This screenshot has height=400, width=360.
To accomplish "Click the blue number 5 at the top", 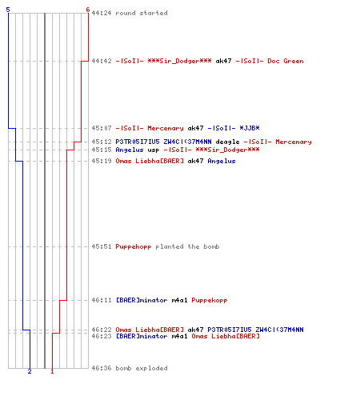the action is pos(8,10).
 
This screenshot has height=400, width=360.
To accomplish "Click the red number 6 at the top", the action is pos(88,10).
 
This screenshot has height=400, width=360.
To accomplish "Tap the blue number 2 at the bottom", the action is pos(30,371).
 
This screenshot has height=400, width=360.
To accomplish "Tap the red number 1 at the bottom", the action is pos(52,371).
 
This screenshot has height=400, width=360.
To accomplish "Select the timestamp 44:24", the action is pos(102,13).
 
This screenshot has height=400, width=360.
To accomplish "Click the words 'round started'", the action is pos(142,13).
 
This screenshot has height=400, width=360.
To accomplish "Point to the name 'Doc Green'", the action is pos(286,61).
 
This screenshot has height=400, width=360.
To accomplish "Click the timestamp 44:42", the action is pos(102,61).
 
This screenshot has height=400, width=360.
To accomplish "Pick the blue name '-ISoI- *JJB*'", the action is pos(234,128).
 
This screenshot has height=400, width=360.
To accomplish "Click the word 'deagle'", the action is pos(227,142).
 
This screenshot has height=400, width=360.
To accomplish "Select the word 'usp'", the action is pos(154,150).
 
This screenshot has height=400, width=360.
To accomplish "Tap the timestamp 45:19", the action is pos(102,161).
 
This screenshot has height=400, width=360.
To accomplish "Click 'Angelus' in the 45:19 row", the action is pos(222,161).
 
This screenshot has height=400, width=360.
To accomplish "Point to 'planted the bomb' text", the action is pos(187,246).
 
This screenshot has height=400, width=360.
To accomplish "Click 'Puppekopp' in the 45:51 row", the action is pos(134,247).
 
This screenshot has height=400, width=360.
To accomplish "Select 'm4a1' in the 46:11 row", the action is pos(179,300).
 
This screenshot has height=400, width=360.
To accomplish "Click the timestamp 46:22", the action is pos(102,330).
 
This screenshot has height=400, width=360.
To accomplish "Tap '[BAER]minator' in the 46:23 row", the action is pos(142,336).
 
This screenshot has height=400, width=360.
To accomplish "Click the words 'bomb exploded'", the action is pos(142,368).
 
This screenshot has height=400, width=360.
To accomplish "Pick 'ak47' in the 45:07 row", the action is pos(195,128).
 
